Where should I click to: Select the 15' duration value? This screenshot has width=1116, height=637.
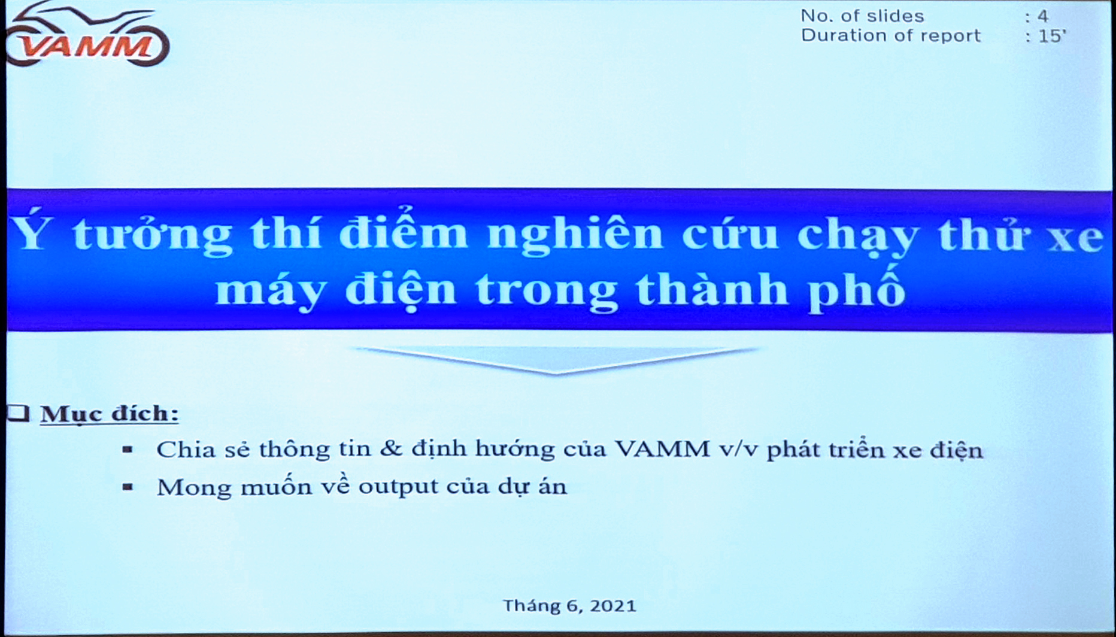click(1052, 37)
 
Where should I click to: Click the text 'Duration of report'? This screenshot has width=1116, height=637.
click(890, 36)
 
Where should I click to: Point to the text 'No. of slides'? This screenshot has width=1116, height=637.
click(862, 16)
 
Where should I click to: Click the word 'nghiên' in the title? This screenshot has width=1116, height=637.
click(575, 233)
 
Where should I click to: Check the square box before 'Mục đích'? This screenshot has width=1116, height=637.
click(19, 412)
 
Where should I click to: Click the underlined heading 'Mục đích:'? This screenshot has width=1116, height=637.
click(110, 414)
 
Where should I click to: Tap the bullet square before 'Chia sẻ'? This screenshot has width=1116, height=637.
click(127, 449)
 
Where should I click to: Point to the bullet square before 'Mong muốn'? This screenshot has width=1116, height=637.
click(127, 487)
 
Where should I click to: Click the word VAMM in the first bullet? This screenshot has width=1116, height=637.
click(662, 449)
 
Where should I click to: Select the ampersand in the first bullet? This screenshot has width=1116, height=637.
click(390, 449)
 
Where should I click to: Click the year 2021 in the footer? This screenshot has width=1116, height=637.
click(612, 606)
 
